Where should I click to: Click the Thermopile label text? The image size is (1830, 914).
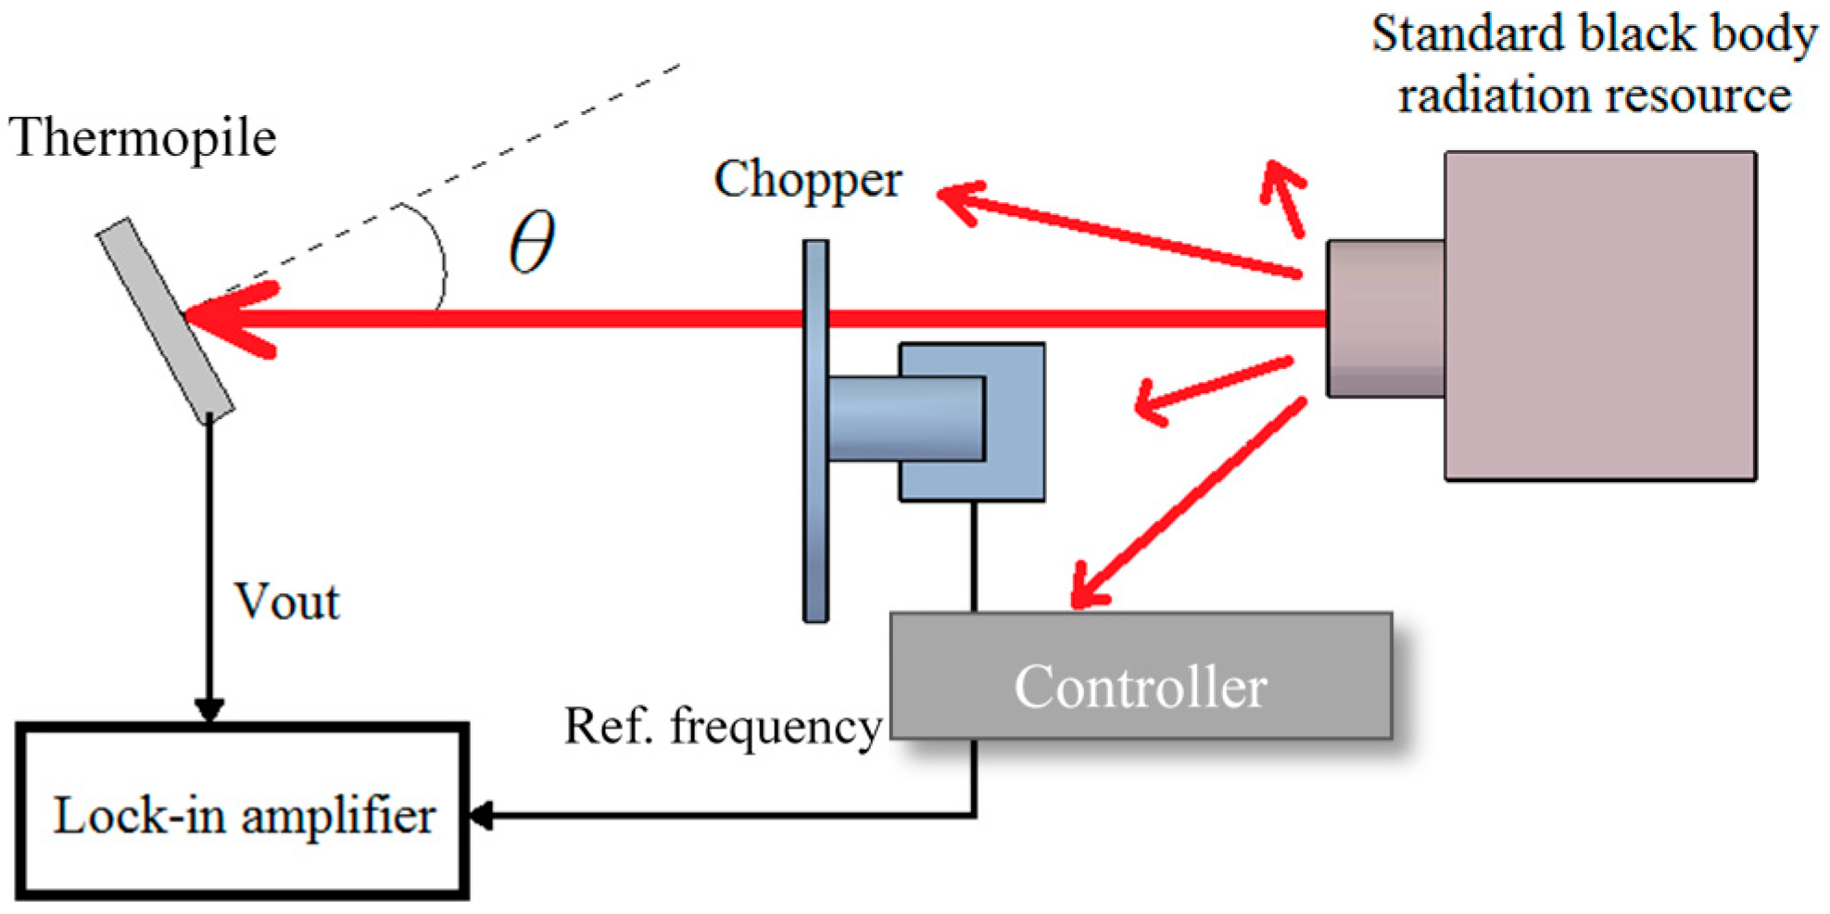[x=143, y=139]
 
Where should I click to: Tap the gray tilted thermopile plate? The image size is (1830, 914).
[x=165, y=320]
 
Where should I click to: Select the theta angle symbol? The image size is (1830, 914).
[x=533, y=241]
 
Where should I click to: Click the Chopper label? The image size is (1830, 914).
[x=807, y=179]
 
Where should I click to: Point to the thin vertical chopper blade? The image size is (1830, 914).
[x=815, y=519]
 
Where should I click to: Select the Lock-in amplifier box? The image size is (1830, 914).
[x=243, y=812]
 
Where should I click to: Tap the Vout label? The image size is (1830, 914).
[x=287, y=602]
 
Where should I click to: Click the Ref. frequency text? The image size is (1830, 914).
[x=723, y=726]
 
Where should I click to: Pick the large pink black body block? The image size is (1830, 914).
[x=1600, y=315]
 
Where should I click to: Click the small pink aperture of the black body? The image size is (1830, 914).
[x=1385, y=318]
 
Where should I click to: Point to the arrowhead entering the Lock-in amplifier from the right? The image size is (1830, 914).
[x=482, y=816]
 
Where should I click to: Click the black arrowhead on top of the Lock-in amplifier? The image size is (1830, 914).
[x=209, y=710]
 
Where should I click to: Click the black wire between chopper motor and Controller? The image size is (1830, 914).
[x=974, y=556]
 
